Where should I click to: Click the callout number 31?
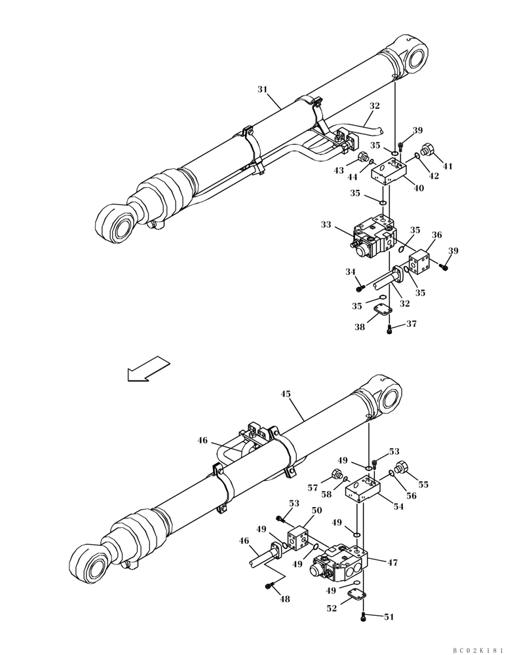coord(262,89)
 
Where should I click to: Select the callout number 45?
coord(286,394)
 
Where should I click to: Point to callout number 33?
coord(326,225)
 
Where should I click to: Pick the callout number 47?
coord(392,562)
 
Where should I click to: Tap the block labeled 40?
coord(389,174)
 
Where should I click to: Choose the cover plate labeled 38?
coord(382,313)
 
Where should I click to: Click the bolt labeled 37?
coord(390,329)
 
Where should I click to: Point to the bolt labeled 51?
coord(364,616)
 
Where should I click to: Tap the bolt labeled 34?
coord(359,287)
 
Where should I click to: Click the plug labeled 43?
coord(361,157)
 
